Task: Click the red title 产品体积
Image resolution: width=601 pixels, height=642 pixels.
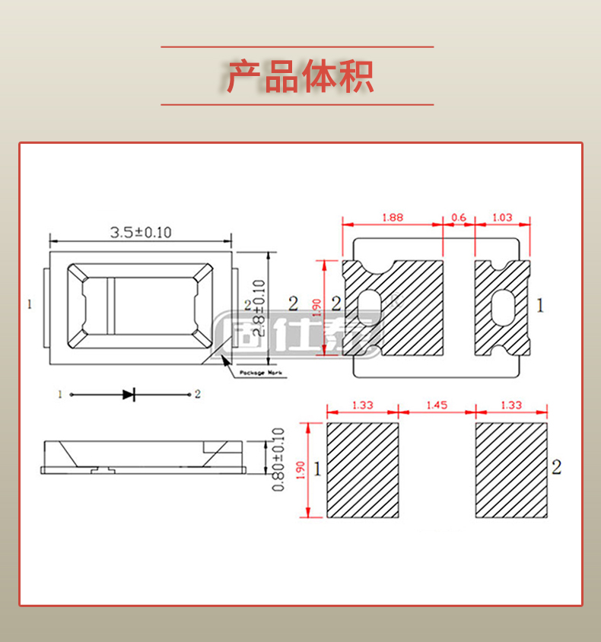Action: click(300, 76)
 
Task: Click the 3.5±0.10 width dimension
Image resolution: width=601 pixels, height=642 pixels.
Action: click(141, 232)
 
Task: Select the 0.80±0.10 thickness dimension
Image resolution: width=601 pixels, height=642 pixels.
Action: click(278, 459)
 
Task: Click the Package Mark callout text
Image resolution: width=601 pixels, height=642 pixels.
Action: click(260, 373)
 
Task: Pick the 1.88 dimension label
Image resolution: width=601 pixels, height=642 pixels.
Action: click(392, 218)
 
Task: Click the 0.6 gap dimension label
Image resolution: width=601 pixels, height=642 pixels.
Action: click(459, 218)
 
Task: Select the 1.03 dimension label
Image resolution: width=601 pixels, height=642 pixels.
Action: click(502, 218)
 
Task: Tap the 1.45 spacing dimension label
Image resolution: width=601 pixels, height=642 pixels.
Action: click(437, 405)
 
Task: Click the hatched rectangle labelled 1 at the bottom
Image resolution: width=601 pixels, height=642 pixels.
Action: click(363, 470)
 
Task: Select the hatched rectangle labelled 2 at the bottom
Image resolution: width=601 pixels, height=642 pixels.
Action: click(511, 470)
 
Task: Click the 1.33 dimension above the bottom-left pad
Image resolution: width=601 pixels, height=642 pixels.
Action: click(363, 405)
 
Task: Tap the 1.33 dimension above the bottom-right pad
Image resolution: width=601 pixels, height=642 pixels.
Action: click(511, 405)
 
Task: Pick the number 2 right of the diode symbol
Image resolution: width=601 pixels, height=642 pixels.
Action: click(197, 394)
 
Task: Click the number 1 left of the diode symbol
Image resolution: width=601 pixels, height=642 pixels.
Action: click(59, 394)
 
